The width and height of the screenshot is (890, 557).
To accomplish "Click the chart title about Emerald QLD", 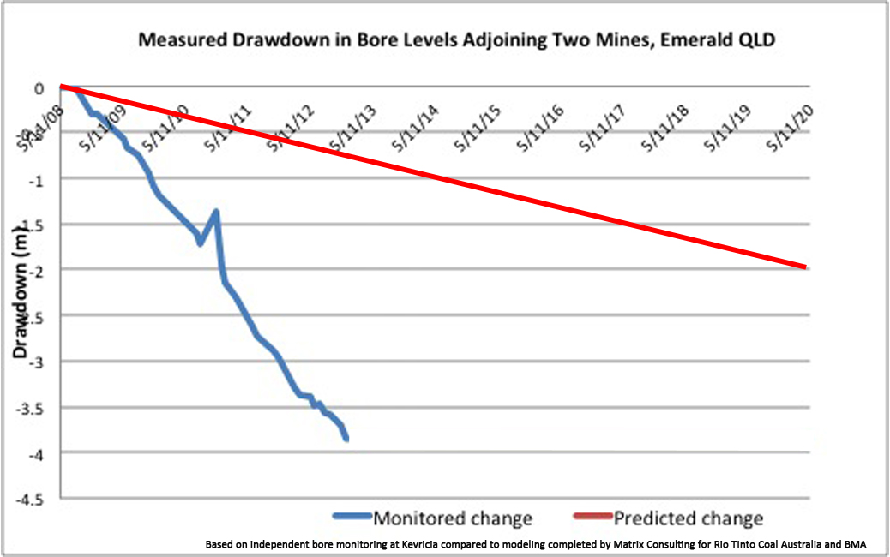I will (x=445, y=41).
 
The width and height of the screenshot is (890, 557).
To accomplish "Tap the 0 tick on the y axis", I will (x=39, y=87).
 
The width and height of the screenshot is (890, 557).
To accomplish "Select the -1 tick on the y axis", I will (x=36, y=179).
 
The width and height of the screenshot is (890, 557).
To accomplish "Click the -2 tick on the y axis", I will (x=36, y=270).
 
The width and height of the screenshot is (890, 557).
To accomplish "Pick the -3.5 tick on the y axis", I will (x=31, y=407).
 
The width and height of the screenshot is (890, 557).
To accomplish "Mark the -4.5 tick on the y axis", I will (x=31, y=498).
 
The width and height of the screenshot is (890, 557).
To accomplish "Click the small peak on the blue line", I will (x=216, y=211).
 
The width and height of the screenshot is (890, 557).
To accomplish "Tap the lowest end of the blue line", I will (x=346, y=439).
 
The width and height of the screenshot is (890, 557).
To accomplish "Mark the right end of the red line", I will (x=805, y=267).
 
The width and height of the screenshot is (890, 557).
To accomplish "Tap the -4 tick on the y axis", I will (x=36, y=452).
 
